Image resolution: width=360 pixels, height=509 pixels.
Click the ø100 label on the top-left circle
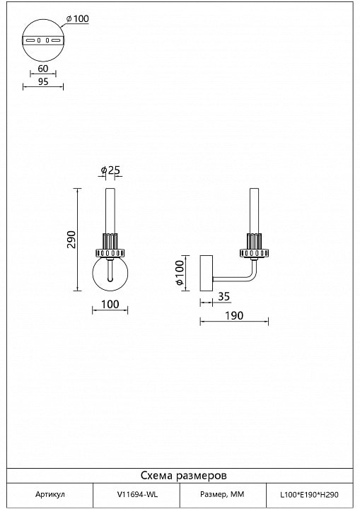pos(77,18)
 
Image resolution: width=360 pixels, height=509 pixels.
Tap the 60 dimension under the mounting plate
pos(43,69)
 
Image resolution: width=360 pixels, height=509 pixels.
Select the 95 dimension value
pos(43,81)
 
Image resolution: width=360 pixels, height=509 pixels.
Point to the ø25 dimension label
pos(110,170)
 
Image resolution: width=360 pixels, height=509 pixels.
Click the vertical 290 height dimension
pos(71,240)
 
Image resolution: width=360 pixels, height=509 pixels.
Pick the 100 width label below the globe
pos(110,304)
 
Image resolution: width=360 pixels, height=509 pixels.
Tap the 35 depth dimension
pos(223,296)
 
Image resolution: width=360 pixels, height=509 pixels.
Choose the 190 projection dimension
pos(234,315)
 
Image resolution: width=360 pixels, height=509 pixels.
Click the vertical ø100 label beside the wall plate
pos(180,273)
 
